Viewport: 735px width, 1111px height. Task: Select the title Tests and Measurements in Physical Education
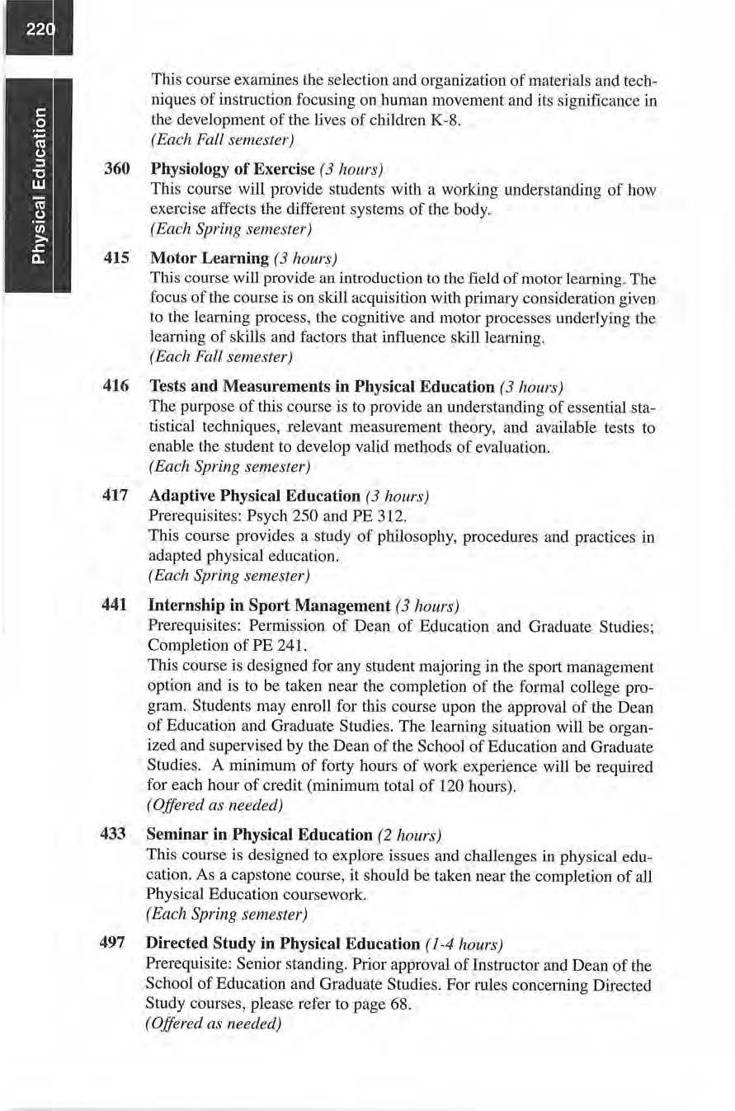tap(321, 387)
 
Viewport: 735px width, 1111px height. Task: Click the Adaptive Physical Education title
tap(253, 497)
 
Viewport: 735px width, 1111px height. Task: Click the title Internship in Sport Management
tap(268, 605)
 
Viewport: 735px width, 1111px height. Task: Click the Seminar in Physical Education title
tap(259, 835)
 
